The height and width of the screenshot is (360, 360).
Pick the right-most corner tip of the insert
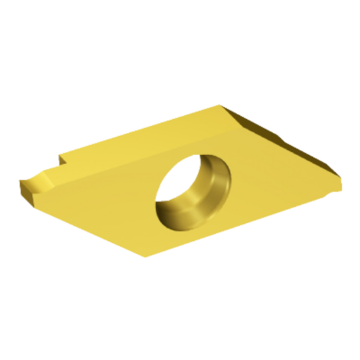pyautogui.click(x=340, y=184)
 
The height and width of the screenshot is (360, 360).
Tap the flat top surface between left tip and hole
pyautogui.click(x=105, y=190)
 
